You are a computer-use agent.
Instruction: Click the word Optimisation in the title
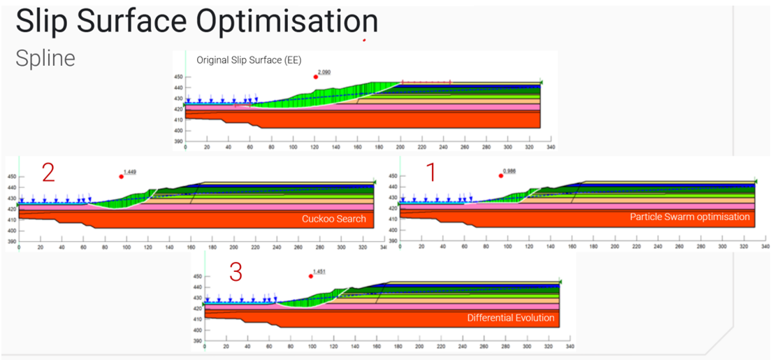tap(287, 22)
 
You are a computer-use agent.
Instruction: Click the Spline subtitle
tap(45, 58)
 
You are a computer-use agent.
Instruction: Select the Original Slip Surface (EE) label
tap(249, 60)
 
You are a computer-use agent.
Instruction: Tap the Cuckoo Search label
tap(333, 219)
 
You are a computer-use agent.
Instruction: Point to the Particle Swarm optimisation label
tap(690, 217)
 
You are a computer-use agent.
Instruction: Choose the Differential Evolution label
tap(511, 318)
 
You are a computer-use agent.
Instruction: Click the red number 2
tap(48, 172)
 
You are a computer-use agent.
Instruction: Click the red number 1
tap(430, 172)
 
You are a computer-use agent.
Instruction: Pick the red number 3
tap(236, 272)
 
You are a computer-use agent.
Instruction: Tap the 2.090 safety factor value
tap(324, 72)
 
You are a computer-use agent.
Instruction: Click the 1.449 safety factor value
tap(130, 171)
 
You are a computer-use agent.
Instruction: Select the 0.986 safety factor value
tap(509, 171)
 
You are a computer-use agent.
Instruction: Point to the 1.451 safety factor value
tap(319, 271)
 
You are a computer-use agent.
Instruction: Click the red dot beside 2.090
tap(316, 76)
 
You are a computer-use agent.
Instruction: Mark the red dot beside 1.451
tap(311, 276)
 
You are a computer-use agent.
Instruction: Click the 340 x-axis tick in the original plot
tap(551, 147)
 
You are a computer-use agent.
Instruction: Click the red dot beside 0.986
tap(501, 175)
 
